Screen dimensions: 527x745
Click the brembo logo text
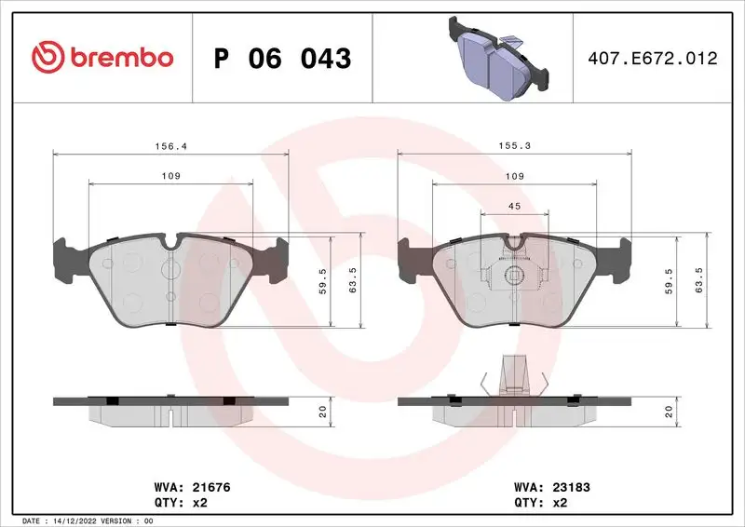pyautogui.click(x=118, y=58)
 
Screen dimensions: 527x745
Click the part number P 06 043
pyautogui.click(x=282, y=59)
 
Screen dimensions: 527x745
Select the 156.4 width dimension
pyautogui.click(x=169, y=146)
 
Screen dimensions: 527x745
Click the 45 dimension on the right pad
pyautogui.click(x=513, y=207)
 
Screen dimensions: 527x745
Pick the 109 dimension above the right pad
pyautogui.click(x=513, y=176)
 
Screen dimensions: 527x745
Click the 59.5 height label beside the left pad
pyautogui.click(x=322, y=281)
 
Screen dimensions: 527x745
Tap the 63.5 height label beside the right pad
pyautogui.click(x=698, y=281)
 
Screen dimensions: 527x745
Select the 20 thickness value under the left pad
pyautogui.click(x=322, y=410)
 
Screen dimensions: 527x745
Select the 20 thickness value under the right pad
pyautogui.click(x=668, y=410)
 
